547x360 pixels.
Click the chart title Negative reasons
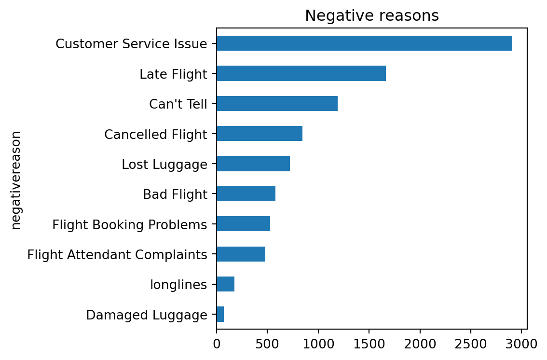[371, 16]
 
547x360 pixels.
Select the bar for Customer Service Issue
[364, 43]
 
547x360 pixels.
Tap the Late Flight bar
[301, 74]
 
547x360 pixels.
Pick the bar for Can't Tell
[277, 104]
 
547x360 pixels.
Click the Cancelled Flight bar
[260, 134]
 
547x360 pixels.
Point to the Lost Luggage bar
[253, 164]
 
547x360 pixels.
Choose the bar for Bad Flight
[246, 194]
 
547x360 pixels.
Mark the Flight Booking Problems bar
[243, 224]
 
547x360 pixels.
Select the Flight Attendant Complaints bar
[241, 254]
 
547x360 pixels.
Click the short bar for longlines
[225, 284]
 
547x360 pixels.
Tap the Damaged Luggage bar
[220, 315]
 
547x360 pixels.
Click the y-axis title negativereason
[16, 180]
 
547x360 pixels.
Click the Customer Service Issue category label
[131, 44]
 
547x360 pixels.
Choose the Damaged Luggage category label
[147, 315]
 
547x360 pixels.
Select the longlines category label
[178, 285]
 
